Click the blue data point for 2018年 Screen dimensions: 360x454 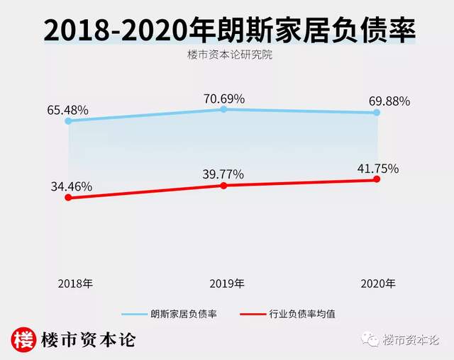(x=68, y=121)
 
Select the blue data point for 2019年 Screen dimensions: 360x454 (x=223, y=109)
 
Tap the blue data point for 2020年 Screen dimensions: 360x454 (x=377, y=113)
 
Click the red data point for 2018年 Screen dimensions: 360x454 (x=68, y=198)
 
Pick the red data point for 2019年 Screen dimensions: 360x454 (x=223, y=186)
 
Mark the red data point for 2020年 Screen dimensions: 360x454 (x=377, y=179)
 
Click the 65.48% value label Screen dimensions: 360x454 (x=67, y=110)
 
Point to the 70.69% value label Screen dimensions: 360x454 (x=224, y=99)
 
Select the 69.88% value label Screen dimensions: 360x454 (x=389, y=101)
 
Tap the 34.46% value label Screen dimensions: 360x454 (x=71, y=187)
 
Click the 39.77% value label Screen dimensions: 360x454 (x=223, y=174)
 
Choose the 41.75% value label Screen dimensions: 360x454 (x=377, y=169)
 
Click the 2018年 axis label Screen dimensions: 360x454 (x=74, y=283)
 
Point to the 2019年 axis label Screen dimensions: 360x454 (x=227, y=283)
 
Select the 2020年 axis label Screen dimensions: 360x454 (x=377, y=283)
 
